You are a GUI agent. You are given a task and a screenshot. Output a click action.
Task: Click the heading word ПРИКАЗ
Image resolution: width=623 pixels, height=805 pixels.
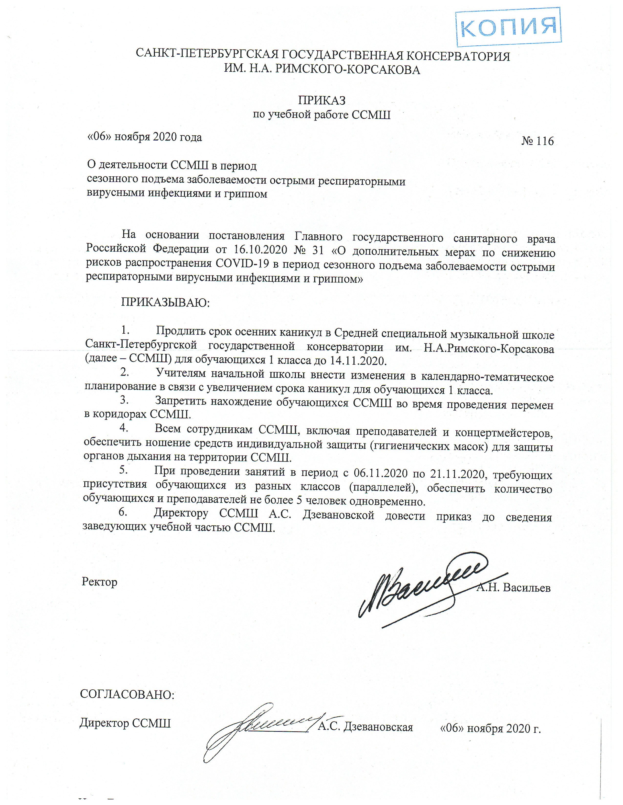322,100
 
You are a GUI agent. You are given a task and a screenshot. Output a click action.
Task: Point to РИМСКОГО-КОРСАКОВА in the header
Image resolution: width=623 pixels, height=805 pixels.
348,70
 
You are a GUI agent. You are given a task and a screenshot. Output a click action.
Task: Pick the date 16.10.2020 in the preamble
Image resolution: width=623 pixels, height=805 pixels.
260,250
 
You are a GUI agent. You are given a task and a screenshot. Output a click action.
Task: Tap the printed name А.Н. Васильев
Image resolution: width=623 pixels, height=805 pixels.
513,587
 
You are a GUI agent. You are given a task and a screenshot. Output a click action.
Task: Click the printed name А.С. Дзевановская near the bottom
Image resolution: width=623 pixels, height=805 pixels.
365,727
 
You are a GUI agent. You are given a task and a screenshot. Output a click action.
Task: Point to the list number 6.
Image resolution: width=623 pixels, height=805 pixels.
123,512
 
